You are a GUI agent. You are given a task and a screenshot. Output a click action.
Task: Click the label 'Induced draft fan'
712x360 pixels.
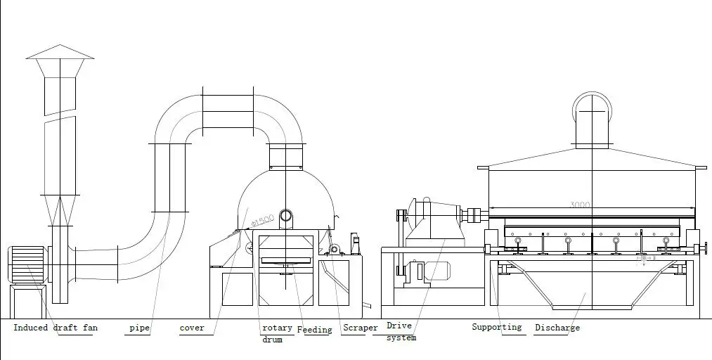tap(55, 328)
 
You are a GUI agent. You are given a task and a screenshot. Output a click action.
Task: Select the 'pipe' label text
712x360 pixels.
tap(139, 328)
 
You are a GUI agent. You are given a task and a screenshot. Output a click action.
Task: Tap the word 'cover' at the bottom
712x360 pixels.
tap(192, 328)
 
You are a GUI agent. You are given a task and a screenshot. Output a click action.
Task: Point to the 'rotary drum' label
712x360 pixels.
tap(276, 333)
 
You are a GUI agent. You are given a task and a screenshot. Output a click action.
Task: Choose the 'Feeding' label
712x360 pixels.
tap(314, 329)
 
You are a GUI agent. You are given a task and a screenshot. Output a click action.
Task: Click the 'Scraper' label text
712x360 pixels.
tap(360, 328)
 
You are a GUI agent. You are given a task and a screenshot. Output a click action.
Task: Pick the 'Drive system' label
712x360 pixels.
tap(400, 331)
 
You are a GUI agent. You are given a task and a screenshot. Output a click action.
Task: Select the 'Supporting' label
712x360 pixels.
tap(496, 327)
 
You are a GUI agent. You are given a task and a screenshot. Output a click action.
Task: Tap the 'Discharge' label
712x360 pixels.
tap(557, 328)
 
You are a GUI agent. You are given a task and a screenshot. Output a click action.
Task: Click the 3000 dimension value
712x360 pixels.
tap(580, 205)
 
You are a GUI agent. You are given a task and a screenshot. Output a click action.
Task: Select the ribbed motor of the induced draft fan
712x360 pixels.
tap(27, 264)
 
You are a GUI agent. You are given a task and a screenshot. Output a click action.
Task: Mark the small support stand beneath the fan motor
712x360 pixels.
tap(26, 302)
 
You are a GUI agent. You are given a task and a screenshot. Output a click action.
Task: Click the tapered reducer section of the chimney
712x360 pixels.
tap(60, 210)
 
